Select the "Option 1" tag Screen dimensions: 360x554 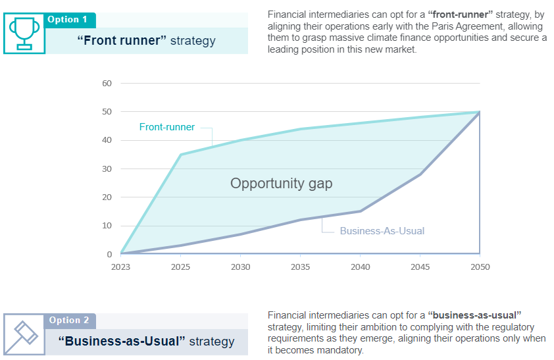tap(67, 20)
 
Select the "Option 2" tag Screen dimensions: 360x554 tap(68, 321)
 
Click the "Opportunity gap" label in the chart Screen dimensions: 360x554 tap(281, 184)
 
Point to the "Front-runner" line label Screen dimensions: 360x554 tap(167, 127)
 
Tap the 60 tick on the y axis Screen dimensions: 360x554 tap(107, 84)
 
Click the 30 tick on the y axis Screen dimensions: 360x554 tap(107, 169)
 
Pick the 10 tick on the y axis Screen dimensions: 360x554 tap(107, 226)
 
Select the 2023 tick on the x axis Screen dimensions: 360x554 tap(120, 267)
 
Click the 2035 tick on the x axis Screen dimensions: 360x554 tap(300, 267)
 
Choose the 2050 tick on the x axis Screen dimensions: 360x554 tap(480, 267)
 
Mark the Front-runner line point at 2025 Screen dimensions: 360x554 tap(181, 155)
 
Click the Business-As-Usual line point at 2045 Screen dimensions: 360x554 tap(420, 174)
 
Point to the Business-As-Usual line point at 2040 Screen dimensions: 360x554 tap(361, 211)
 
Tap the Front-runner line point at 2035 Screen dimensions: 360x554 tap(300, 129)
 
